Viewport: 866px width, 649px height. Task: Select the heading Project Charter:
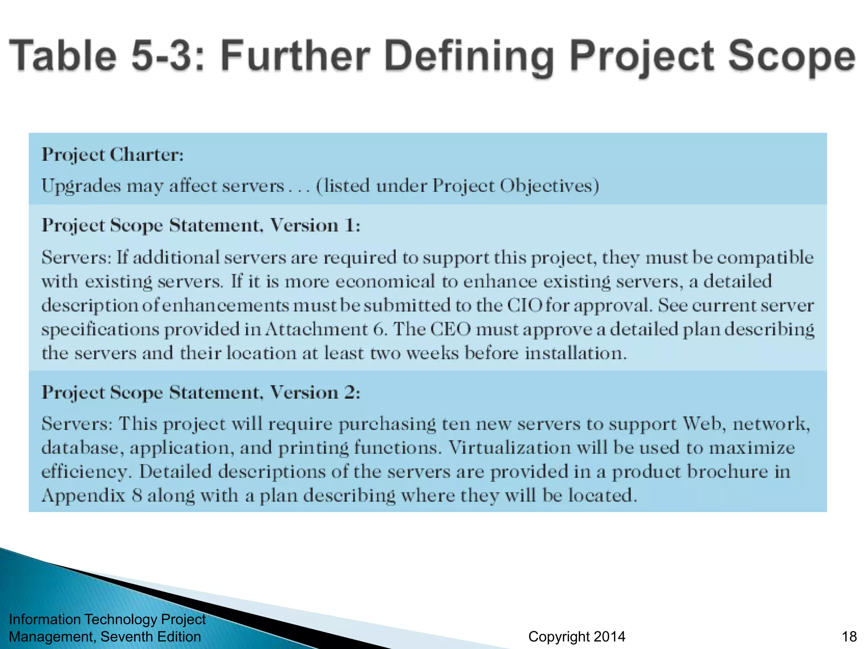[112, 155]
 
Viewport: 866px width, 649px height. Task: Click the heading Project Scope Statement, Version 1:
[201, 225]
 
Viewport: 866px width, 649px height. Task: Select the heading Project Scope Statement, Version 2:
[201, 393]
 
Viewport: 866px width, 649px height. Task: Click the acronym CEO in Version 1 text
[450, 329]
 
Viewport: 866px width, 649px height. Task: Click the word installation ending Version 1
[575, 353]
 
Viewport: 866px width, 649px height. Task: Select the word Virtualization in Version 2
[509, 447]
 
